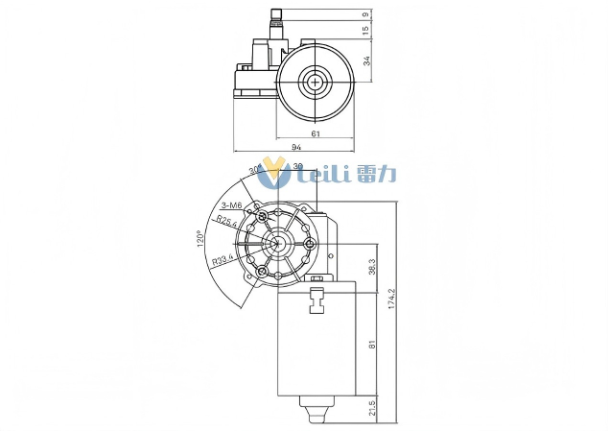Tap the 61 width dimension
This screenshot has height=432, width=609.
tap(316, 133)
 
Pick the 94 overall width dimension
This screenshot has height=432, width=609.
tap(296, 147)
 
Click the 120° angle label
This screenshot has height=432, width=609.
tap(200, 239)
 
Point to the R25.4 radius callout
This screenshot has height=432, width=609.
tap(226, 221)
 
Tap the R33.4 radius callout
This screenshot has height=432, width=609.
tap(223, 259)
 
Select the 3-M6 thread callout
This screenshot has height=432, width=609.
tap(231, 205)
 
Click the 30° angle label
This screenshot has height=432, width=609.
tap(254, 170)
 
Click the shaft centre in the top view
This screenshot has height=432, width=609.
tap(315, 83)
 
